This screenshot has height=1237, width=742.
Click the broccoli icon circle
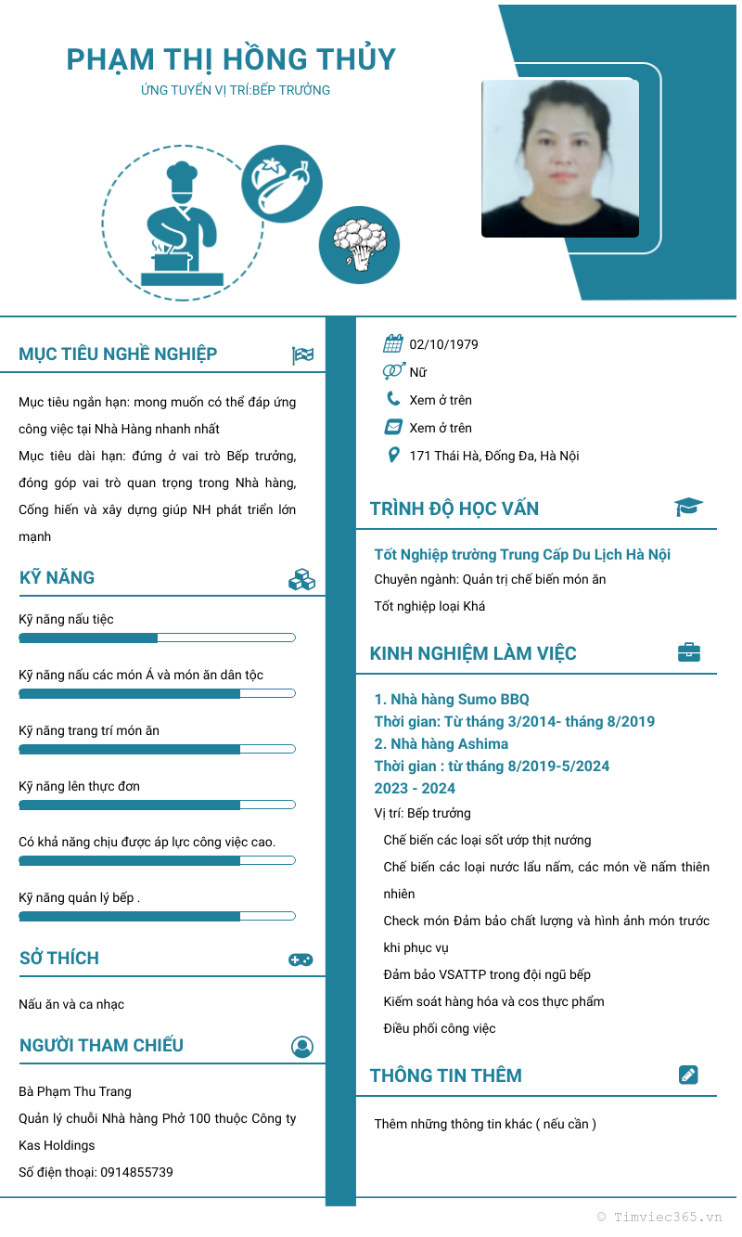click(359, 244)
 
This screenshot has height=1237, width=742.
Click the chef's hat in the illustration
click(181, 175)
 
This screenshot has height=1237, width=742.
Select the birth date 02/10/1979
click(443, 344)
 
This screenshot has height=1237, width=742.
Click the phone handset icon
click(393, 400)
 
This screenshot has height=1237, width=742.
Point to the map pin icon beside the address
click(393, 456)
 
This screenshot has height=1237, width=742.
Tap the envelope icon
click(393, 428)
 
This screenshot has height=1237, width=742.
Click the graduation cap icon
click(688, 507)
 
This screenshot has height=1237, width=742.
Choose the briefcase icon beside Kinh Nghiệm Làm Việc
click(688, 652)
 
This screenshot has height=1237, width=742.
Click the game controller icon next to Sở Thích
click(301, 960)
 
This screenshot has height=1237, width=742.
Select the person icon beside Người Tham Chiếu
click(302, 1047)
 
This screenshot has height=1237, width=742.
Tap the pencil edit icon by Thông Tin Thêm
click(688, 1075)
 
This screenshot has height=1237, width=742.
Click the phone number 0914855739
click(136, 1172)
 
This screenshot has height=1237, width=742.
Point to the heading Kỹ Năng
click(58, 577)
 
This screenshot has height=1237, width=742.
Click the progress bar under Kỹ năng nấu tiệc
click(157, 638)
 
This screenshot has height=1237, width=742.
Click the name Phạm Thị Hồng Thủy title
click(231, 59)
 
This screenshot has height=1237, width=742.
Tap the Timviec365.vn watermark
click(659, 1216)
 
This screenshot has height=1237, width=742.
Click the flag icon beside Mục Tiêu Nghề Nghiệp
click(302, 354)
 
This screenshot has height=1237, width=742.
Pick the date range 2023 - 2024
click(415, 788)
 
